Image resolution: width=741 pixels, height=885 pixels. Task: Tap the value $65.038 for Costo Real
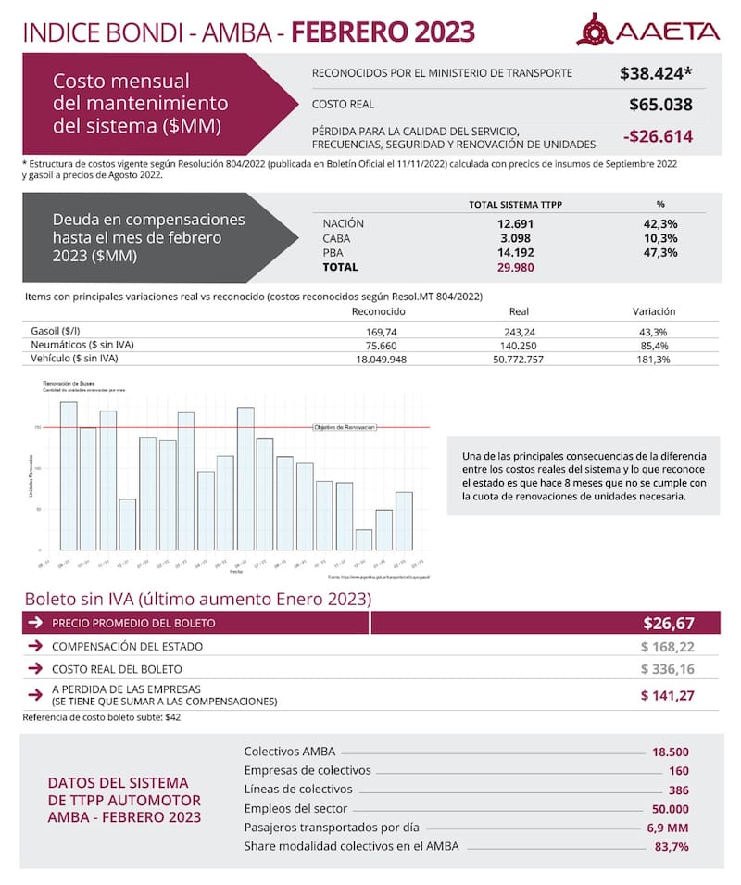pos(660,105)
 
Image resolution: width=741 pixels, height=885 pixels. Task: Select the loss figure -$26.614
pos(658,137)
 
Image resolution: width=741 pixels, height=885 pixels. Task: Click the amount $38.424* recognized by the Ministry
pos(657,72)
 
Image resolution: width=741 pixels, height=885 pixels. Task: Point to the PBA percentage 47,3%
pos(660,252)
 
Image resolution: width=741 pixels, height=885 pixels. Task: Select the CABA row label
pos(336,238)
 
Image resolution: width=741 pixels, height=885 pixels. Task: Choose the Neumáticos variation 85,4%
pos(652,345)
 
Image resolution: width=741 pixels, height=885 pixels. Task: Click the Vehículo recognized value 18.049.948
pos(380,359)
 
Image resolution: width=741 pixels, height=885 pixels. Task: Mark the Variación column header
pos(654,311)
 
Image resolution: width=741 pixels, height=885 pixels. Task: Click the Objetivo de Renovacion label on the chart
pos(345,427)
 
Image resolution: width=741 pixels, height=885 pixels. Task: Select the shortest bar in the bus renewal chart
pos(364,539)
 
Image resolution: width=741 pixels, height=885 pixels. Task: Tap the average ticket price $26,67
pos(669,624)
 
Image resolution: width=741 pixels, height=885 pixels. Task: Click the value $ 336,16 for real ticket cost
pos(667,669)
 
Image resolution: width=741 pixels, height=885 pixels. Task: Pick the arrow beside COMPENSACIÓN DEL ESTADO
pos(35,646)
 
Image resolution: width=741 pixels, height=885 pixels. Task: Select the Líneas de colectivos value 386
pos(678,790)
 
